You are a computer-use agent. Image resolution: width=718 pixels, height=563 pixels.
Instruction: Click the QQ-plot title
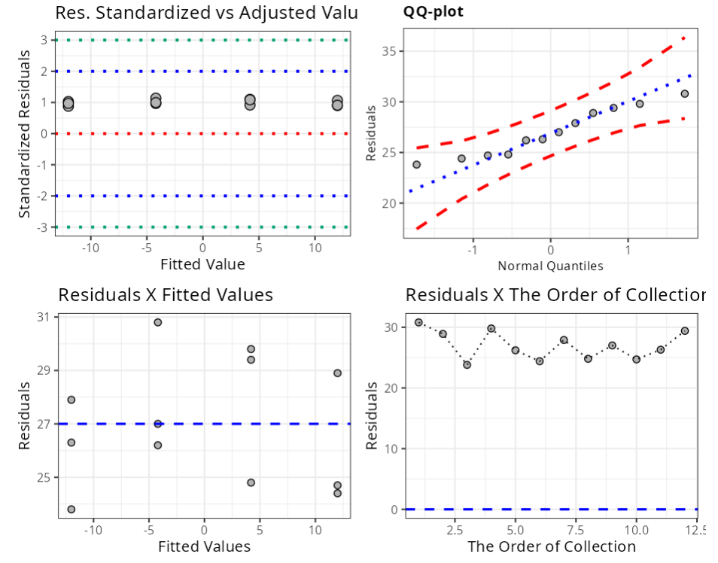pos(434,13)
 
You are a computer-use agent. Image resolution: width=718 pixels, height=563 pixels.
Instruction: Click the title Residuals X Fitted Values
pos(166,294)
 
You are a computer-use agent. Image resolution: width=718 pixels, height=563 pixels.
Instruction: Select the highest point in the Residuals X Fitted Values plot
pos(158,322)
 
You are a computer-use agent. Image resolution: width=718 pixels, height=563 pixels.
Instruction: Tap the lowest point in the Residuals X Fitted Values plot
pos(71,509)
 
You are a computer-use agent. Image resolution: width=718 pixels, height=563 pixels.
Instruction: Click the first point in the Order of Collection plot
pos(418,322)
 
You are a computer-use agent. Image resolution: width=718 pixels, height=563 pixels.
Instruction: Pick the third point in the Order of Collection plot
pos(467,365)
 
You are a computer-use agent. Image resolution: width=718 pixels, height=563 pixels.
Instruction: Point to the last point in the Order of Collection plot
pos(685,330)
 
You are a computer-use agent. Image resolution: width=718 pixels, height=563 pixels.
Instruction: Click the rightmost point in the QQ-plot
pos(685,94)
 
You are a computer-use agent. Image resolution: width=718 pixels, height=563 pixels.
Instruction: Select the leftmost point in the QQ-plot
pos(416,164)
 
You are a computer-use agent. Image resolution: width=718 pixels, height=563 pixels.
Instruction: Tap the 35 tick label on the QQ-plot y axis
pos(388,51)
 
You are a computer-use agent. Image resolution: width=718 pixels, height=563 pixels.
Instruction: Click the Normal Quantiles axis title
pos(550,266)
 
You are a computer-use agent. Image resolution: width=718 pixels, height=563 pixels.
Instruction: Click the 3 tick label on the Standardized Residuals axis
pos(44,40)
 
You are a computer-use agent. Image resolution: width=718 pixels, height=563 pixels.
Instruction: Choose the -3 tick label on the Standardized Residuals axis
pos(42,227)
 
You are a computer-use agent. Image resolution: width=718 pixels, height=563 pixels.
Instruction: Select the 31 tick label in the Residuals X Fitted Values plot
pos(43,317)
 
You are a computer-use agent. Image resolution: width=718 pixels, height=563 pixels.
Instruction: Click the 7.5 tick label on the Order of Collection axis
pos(576,530)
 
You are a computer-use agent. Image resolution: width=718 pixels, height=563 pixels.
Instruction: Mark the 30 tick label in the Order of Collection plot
pos(388,327)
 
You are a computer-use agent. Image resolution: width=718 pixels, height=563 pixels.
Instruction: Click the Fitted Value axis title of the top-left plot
pos(202,264)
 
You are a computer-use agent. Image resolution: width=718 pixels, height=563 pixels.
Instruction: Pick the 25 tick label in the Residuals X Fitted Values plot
pos(43,477)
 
